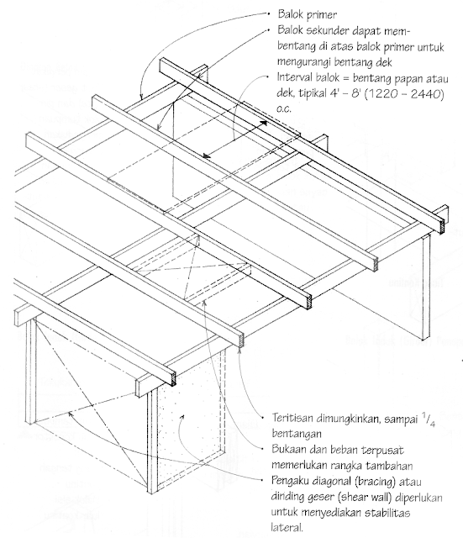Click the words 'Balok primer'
coord(305,14)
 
